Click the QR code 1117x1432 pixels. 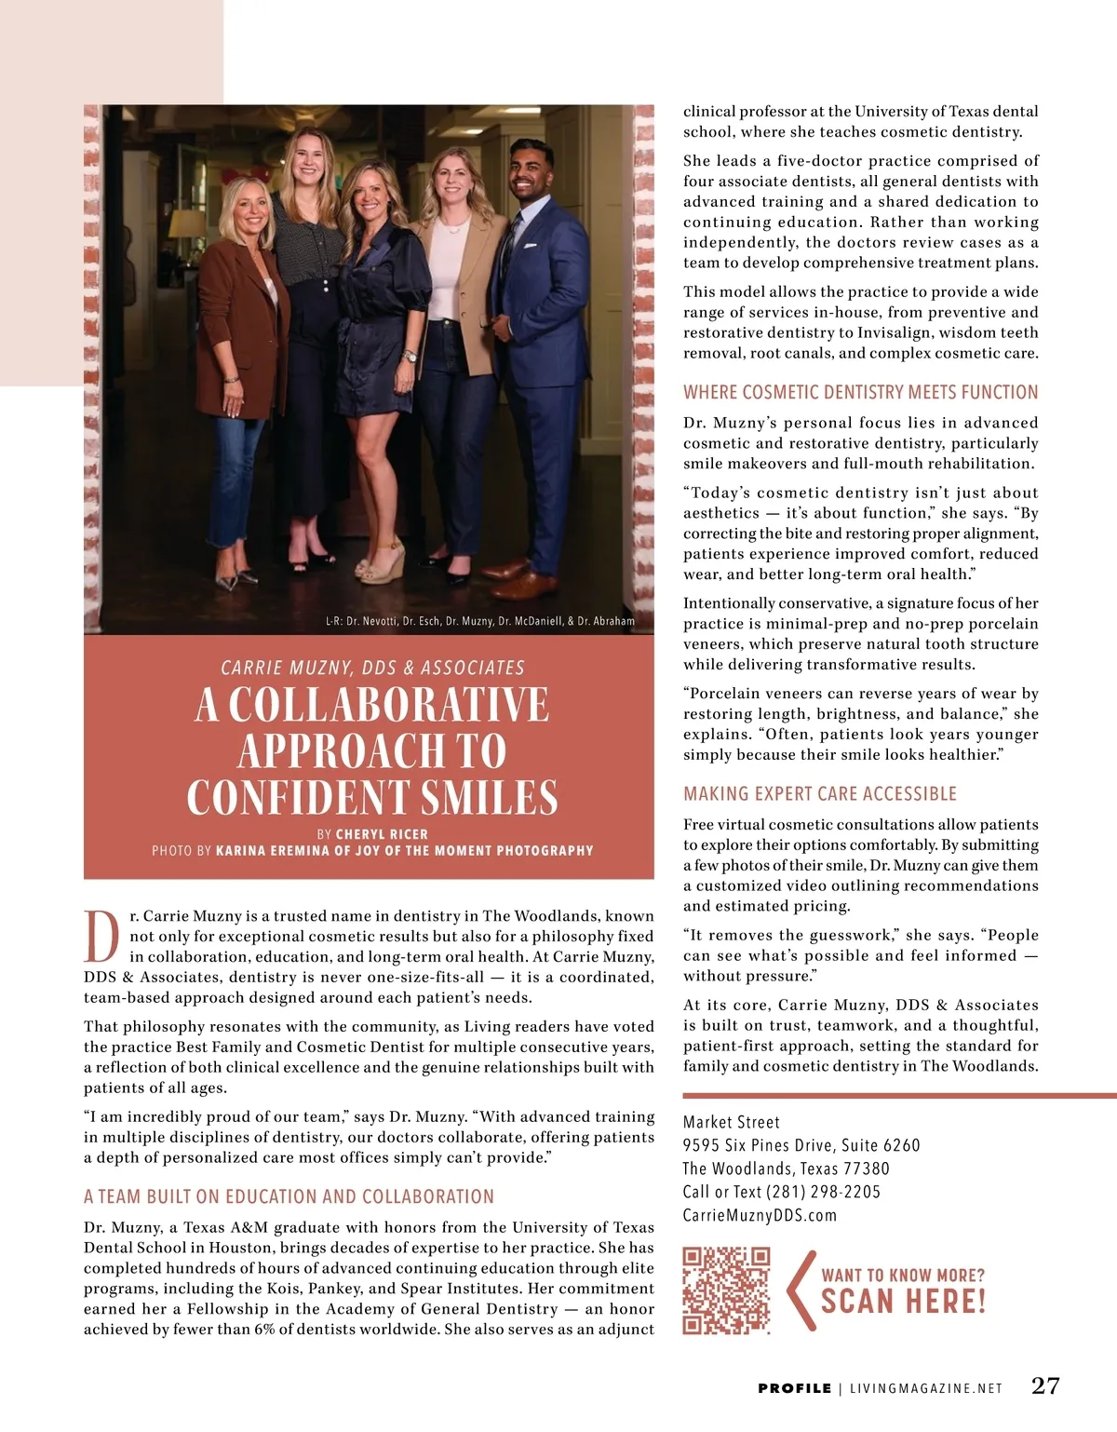726,1290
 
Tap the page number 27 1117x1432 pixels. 1045,1385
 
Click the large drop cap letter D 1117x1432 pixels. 101,937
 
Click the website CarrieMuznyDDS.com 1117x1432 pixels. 760,1215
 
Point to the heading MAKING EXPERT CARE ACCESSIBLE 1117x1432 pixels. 819,793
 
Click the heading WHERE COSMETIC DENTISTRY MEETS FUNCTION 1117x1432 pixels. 860,392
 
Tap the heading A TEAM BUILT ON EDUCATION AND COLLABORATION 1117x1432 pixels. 289,1196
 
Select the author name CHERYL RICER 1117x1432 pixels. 382,834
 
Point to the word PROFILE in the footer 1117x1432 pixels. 794,1388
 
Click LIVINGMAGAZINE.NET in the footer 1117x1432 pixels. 926,1388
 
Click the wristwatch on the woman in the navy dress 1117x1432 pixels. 409,356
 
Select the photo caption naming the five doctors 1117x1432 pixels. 479,621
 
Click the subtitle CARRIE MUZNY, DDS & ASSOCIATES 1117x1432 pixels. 372,668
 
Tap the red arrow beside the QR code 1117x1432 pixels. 800,1290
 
